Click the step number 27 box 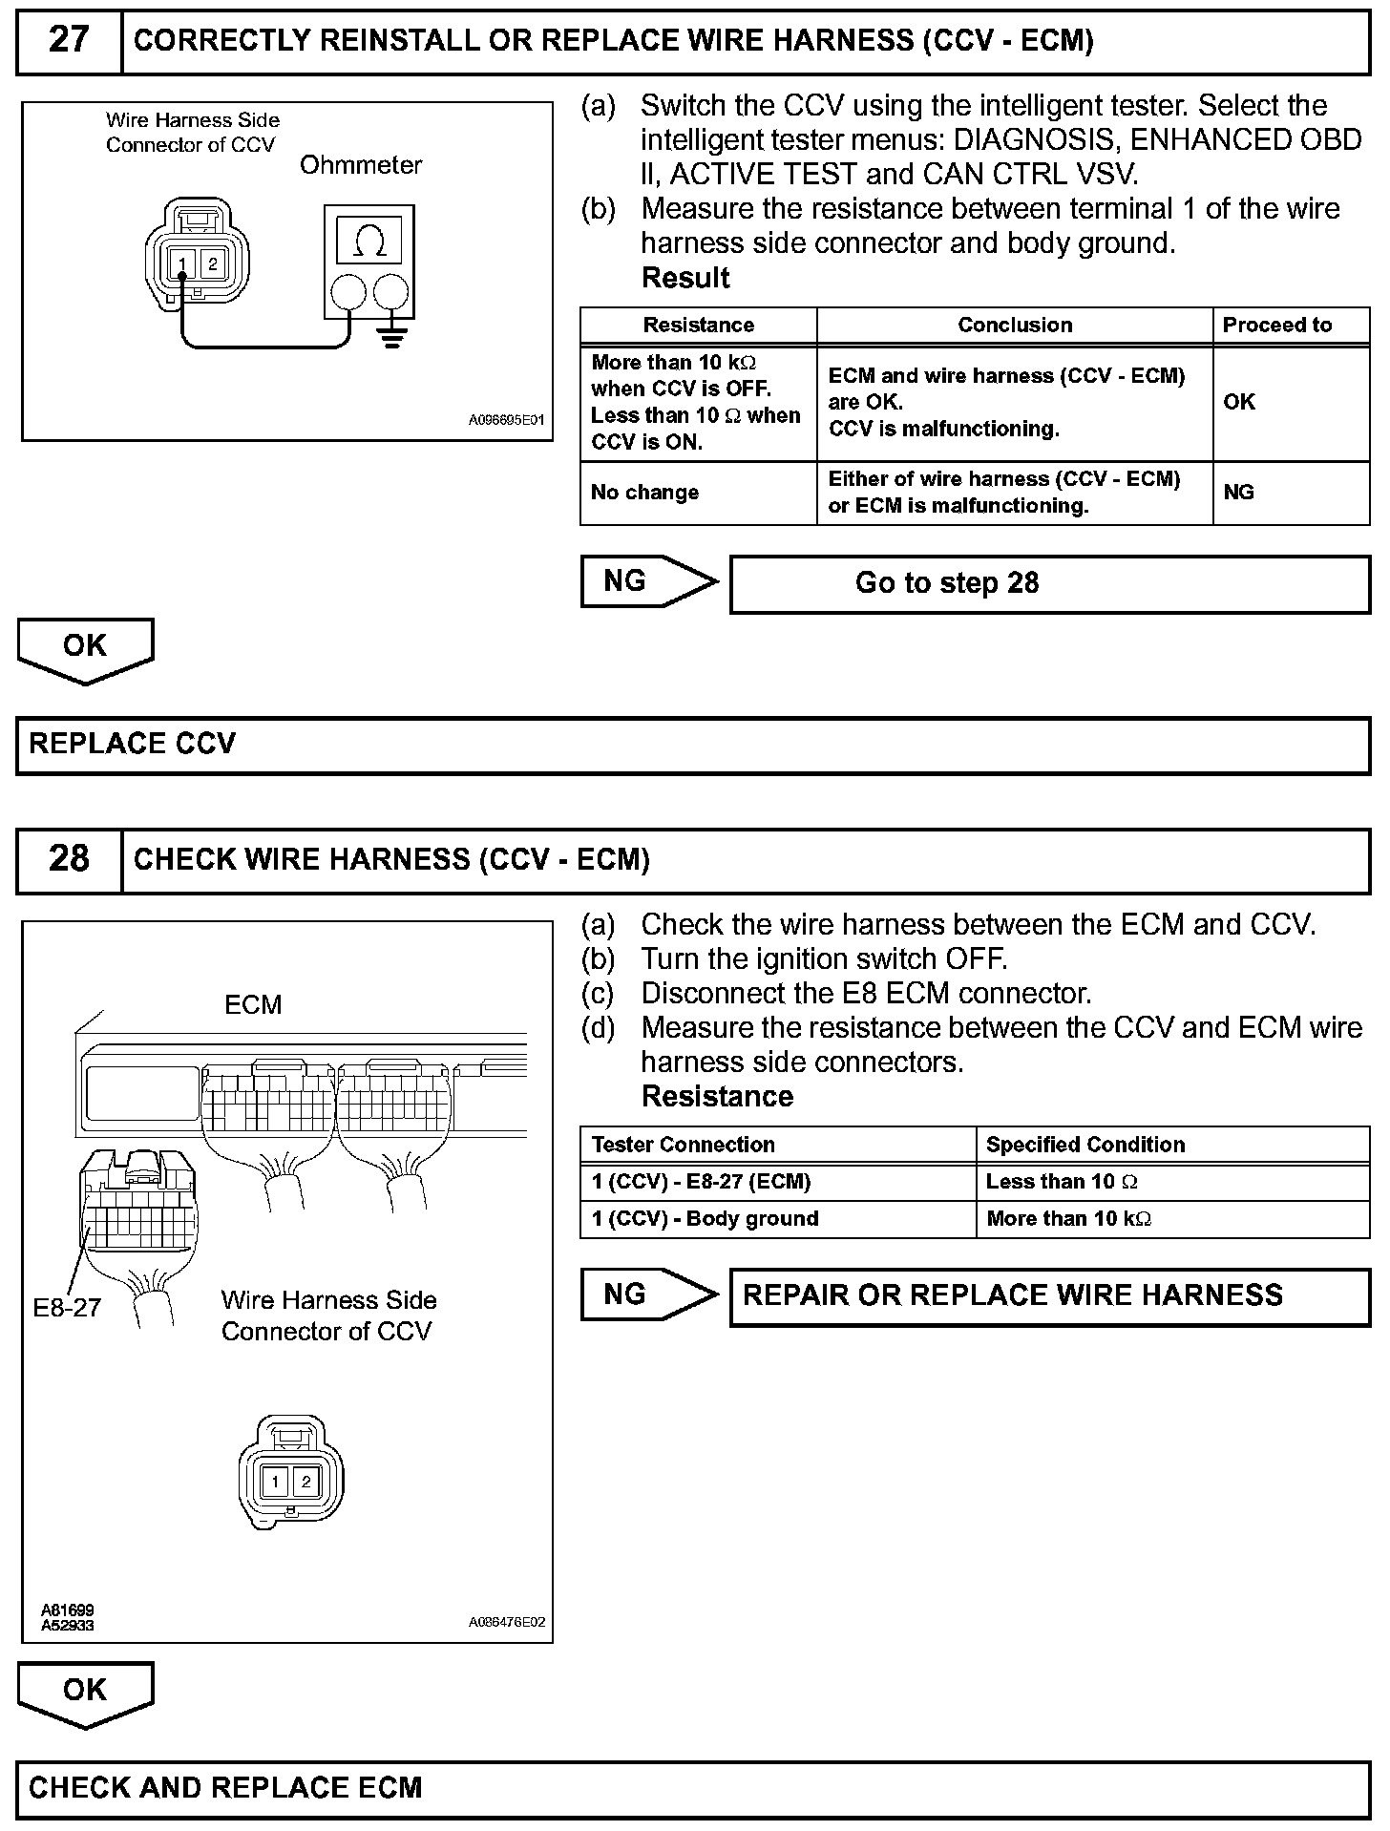pos(69,41)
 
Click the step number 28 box pos(69,859)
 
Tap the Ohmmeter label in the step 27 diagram pos(360,165)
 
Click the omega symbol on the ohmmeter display pos(369,242)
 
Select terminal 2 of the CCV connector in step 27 pos(213,264)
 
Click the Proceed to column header pos(1276,326)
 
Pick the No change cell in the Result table pos(645,493)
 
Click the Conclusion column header pos(1014,326)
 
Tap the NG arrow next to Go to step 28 pos(647,581)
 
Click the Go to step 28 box pos(1048,583)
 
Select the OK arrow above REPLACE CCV pos(85,648)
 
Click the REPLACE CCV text pos(133,745)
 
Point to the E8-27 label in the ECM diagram pos(67,1308)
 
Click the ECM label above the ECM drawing pos(253,1005)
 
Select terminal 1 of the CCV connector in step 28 pos(276,1482)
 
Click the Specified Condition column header pos(1085,1145)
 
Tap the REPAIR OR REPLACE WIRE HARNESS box pos(1048,1295)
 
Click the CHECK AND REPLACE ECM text pos(225,1788)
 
